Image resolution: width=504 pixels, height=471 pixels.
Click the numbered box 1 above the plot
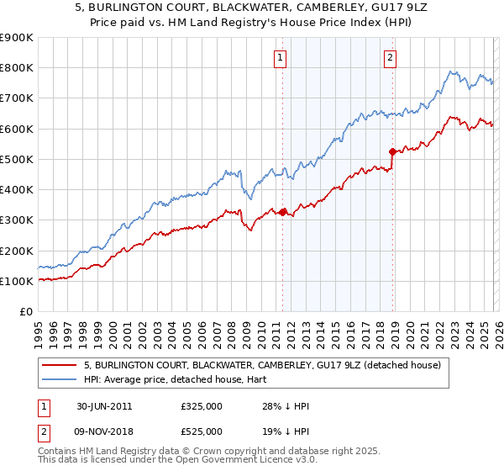click(x=280, y=58)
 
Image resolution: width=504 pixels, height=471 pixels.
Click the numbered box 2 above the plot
click(x=391, y=58)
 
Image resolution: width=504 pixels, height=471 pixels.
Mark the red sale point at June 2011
click(x=282, y=212)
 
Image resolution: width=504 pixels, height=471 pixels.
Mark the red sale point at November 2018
click(x=392, y=151)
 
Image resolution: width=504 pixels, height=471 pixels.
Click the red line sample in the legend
click(x=60, y=365)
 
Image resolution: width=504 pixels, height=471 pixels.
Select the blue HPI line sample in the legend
click(x=60, y=379)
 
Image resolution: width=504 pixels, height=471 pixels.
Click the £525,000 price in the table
click(x=201, y=431)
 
